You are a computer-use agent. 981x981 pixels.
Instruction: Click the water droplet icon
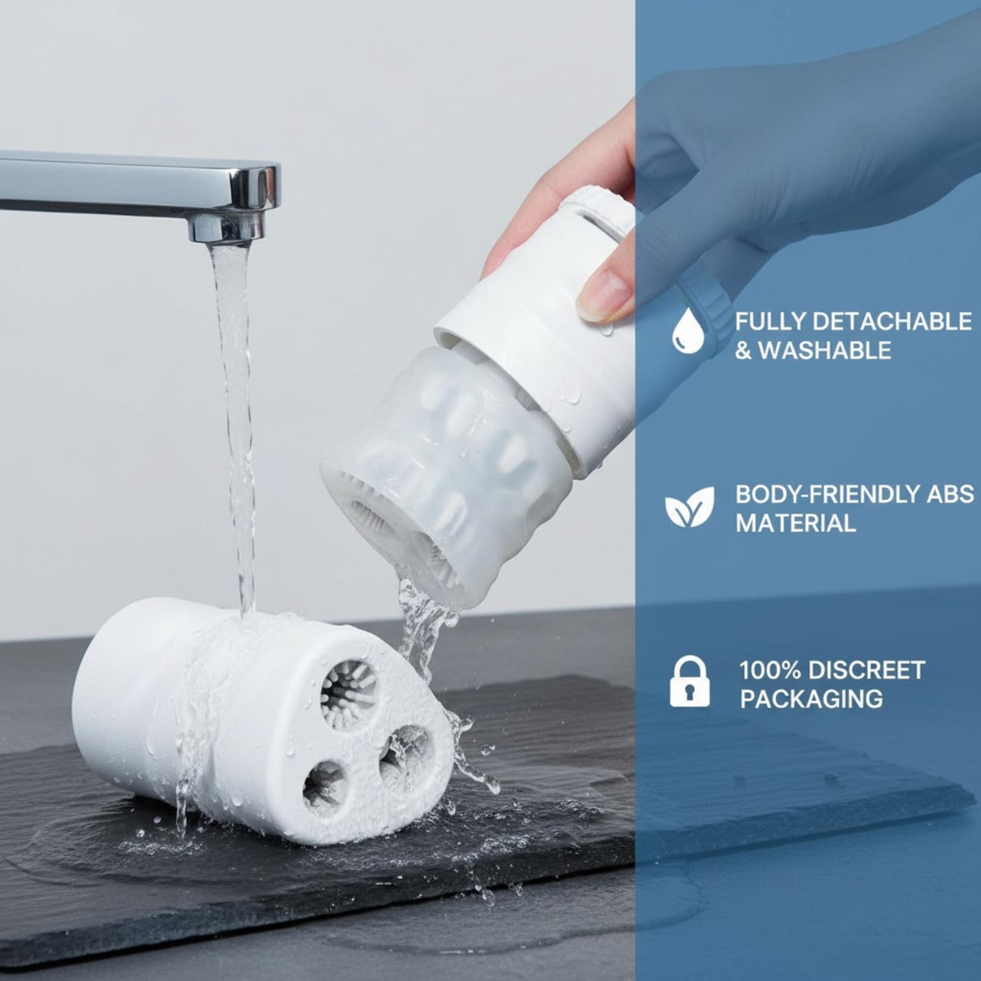coord(688,330)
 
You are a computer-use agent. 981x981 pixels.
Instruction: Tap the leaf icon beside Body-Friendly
coord(690,506)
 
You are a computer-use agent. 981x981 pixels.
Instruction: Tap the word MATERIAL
coord(796,524)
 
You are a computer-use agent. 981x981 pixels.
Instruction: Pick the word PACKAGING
coord(811,699)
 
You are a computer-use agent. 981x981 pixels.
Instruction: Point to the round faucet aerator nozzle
coord(226,226)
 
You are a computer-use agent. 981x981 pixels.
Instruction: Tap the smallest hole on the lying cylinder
coord(324,785)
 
